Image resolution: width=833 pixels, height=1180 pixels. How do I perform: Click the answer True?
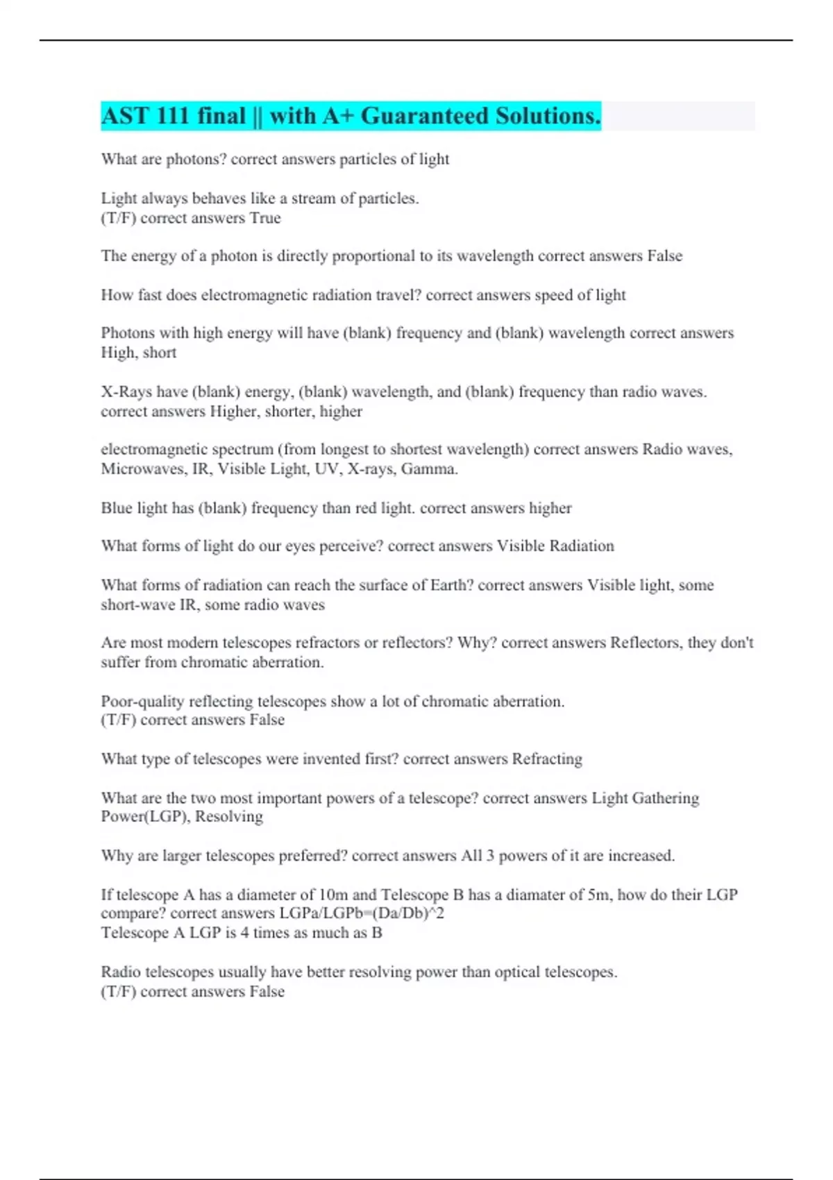pos(265,218)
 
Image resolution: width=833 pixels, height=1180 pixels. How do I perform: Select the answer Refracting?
pos(547,759)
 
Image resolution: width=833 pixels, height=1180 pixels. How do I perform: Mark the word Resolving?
pos(229,816)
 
